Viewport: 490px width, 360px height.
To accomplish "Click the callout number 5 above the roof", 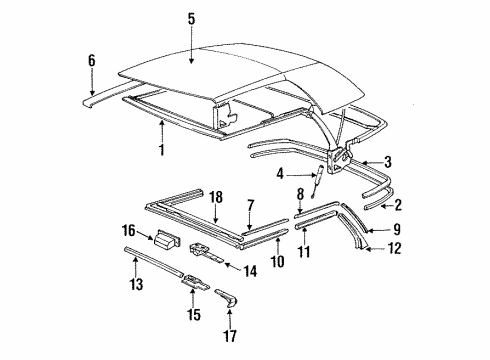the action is pyautogui.click(x=191, y=19).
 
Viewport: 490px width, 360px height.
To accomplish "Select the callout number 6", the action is pyautogui.click(x=92, y=61).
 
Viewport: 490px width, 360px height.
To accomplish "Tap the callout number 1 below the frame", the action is pyautogui.click(x=162, y=149).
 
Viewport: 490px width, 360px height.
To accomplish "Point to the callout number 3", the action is pyautogui.click(x=388, y=162).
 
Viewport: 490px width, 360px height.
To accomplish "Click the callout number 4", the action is pyautogui.click(x=280, y=174).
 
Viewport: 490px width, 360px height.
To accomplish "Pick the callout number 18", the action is pyautogui.click(x=216, y=197).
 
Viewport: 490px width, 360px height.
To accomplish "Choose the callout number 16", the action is pyautogui.click(x=128, y=230).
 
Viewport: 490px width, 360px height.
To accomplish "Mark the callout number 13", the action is pyautogui.click(x=136, y=284).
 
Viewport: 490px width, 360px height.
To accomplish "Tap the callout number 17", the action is pyautogui.click(x=230, y=336).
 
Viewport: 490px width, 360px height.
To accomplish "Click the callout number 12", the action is pyautogui.click(x=394, y=249).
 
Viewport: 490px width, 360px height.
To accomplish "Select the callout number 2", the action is pyautogui.click(x=398, y=205).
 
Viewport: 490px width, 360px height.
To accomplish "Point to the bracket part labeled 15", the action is pyautogui.click(x=195, y=282).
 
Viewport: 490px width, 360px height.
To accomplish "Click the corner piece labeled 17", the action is pyautogui.click(x=227, y=298).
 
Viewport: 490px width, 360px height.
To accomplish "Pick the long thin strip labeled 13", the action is pyautogui.click(x=153, y=261).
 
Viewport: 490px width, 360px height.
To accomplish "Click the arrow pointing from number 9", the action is pyautogui.click(x=378, y=230).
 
